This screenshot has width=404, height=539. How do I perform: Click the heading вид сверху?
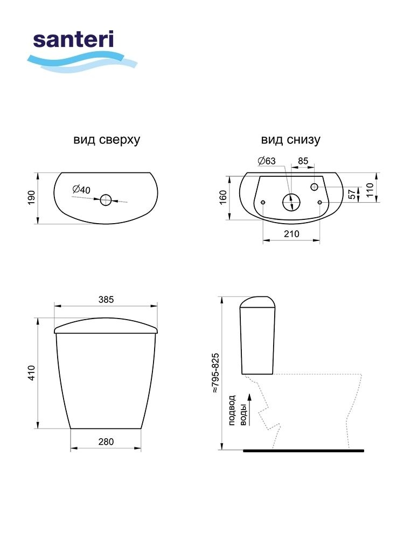pyautogui.click(x=107, y=140)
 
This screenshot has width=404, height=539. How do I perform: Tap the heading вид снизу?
pyautogui.click(x=291, y=140)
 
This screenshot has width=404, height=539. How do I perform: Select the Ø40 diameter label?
pyautogui.click(x=81, y=189)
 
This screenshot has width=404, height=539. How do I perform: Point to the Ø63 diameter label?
pyautogui.click(x=267, y=161)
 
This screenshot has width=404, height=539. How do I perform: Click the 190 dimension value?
pyautogui.click(x=31, y=198)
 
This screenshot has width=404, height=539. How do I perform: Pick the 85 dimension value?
pyautogui.click(x=303, y=161)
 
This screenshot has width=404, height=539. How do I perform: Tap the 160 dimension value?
pyautogui.click(x=223, y=198)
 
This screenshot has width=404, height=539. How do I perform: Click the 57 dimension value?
pyautogui.click(x=352, y=194)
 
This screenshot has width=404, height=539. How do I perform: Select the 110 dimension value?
pyautogui.click(x=370, y=190)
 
